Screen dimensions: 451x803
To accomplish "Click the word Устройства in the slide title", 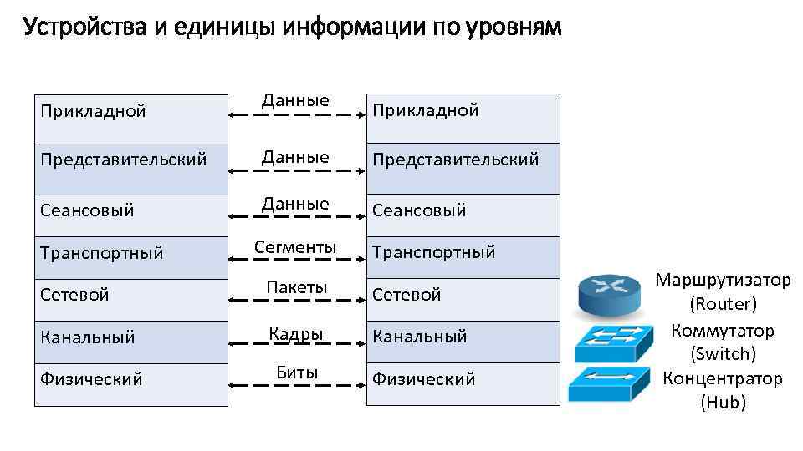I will pyautogui.click(x=86, y=28).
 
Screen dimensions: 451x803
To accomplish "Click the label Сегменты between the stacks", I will pyautogui.click(x=296, y=247).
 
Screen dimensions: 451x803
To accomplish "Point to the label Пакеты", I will pyautogui.click(x=296, y=287).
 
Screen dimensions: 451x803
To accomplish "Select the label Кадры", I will pyautogui.click(x=296, y=334).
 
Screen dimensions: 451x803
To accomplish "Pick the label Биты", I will pyautogui.click(x=297, y=372).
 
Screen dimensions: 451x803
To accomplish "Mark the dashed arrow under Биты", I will pyautogui.click(x=296, y=385).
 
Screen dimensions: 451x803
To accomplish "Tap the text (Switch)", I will pyautogui.click(x=724, y=353).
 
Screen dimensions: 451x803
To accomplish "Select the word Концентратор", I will pyautogui.click(x=723, y=378).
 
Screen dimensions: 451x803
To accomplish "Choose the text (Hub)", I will pyautogui.click(x=724, y=403).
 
